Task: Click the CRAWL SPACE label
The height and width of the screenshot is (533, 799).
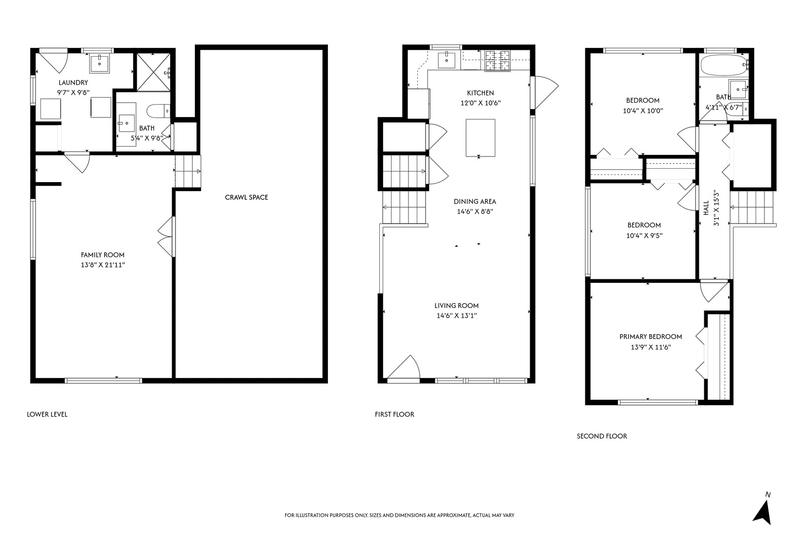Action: [246, 197]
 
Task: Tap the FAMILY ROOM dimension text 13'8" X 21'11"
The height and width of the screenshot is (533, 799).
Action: [103, 265]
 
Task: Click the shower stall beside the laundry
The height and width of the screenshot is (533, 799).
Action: [153, 73]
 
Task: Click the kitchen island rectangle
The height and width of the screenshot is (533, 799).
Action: [480, 138]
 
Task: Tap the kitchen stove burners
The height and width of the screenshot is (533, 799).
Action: [497, 61]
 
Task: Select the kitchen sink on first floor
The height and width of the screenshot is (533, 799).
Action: [447, 60]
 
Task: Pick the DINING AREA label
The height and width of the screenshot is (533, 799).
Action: [474, 201]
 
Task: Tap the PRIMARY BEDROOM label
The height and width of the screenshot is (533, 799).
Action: [651, 337]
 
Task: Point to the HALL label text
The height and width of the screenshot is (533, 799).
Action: [706, 207]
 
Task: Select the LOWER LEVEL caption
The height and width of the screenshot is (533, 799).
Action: [47, 415]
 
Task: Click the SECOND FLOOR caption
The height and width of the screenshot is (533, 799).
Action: [602, 436]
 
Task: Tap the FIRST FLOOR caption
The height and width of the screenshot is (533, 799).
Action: [394, 415]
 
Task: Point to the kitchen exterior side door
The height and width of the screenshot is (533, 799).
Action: [545, 92]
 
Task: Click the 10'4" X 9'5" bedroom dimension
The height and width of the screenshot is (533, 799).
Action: [644, 236]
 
